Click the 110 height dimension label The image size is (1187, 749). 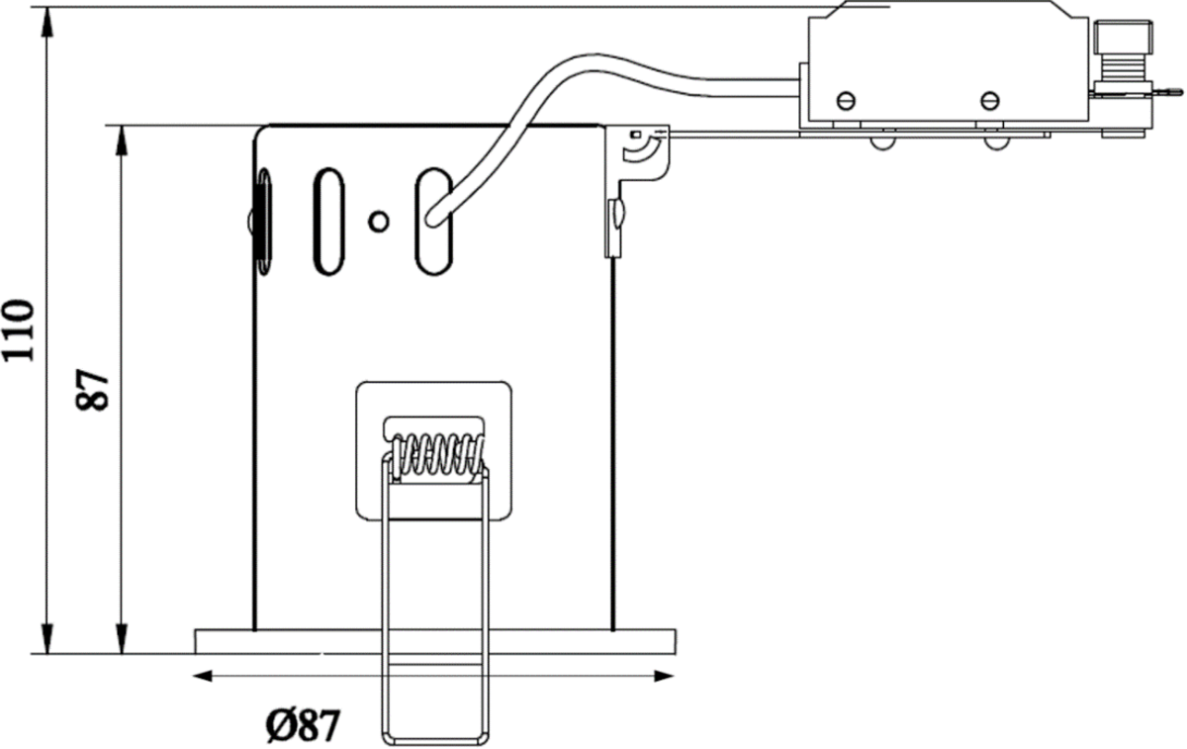tap(19, 330)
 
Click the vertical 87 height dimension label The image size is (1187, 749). tap(92, 390)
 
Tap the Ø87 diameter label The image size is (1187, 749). tap(303, 725)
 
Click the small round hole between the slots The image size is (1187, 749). tap(378, 222)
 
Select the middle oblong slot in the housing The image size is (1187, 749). tap(329, 222)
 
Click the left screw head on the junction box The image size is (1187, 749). tap(846, 100)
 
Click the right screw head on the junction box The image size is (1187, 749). tap(990, 100)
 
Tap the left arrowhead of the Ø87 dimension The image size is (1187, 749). tap(202, 676)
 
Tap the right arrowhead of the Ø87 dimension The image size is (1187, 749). tap(664, 676)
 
